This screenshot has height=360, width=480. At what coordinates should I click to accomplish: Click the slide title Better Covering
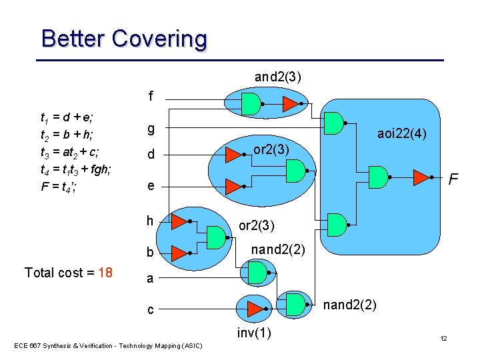tap(124, 39)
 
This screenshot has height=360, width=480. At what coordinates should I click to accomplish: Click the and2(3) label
tap(277, 77)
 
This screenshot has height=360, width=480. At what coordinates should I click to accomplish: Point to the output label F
tap(453, 180)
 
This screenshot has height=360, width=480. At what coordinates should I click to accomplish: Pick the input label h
tap(151, 221)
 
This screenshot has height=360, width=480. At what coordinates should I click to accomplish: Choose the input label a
tap(151, 279)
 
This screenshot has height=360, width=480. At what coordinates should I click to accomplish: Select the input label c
tap(151, 310)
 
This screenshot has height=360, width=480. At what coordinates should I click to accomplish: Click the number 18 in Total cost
tap(105, 273)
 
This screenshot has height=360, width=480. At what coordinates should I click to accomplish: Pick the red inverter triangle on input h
tap(178, 221)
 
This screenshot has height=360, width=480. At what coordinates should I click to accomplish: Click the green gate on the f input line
tap(250, 103)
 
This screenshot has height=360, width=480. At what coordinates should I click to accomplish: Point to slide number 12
tap(443, 339)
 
